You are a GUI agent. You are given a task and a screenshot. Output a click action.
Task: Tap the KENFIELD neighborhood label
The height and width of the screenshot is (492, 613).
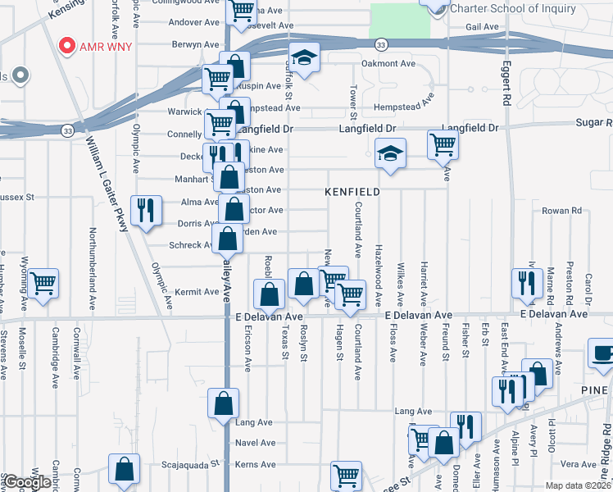pyautogui.click(x=352, y=191)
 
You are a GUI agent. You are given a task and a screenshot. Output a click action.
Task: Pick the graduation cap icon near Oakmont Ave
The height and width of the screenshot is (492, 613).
pyautogui.click(x=303, y=59)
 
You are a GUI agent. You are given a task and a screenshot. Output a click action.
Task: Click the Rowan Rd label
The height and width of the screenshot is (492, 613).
pyautogui.click(x=561, y=211)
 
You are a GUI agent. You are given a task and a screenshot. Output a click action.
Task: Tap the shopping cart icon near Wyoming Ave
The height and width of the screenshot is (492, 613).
pyautogui.click(x=43, y=284)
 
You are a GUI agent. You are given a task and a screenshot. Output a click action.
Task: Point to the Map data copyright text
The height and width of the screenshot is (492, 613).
pyautogui.click(x=579, y=485)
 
